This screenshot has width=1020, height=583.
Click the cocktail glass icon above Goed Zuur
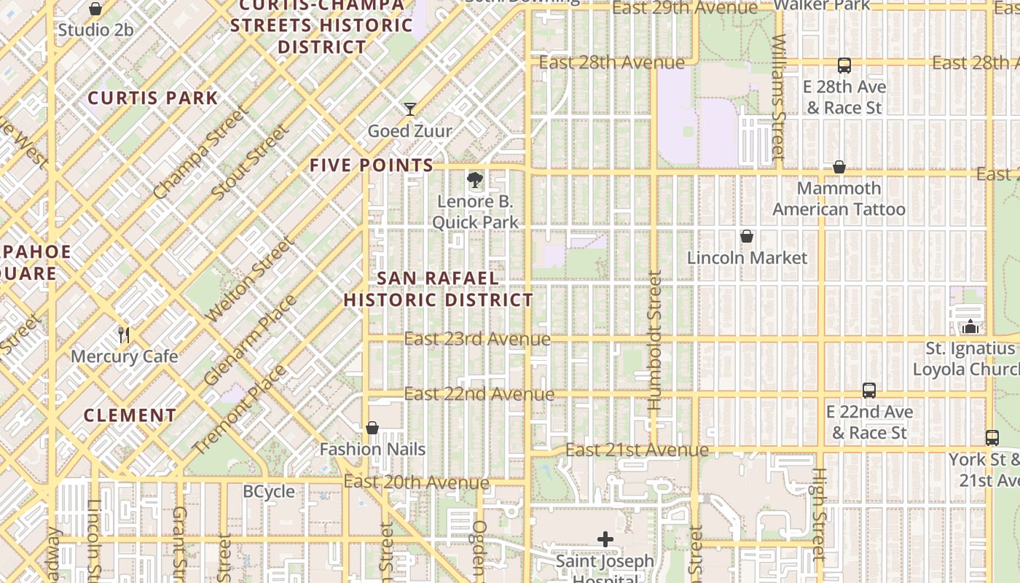click(x=410, y=109)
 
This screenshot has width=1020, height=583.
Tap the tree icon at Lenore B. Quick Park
click(x=475, y=179)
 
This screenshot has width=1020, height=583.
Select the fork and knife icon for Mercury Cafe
click(x=124, y=335)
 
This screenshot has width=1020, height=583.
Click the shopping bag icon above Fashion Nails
click(x=372, y=428)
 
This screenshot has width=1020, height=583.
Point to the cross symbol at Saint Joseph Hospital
click(x=605, y=539)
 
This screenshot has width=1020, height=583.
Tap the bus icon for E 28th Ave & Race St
click(x=844, y=66)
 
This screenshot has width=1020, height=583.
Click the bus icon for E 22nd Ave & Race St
click(x=868, y=391)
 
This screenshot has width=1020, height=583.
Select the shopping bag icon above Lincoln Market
click(x=747, y=236)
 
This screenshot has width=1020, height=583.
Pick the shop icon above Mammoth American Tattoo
click(x=839, y=167)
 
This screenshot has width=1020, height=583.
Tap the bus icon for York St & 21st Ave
click(x=992, y=438)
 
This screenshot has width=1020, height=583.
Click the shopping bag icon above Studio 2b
click(x=95, y=9)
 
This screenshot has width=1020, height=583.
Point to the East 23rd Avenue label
click(x=477, y=339)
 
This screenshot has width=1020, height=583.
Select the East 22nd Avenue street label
click(x=479, y=394)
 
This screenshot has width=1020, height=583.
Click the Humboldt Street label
click(x=654, y=340)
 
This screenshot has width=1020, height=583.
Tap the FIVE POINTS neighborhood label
click(x=372, y=165)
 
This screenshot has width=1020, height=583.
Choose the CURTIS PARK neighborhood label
click(x=153, y=98)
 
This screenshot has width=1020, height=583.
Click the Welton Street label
click(x=250, y=280)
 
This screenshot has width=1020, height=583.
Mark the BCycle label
click(x=269, y=491)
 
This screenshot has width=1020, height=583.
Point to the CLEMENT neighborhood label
click(x=130, y=415)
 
